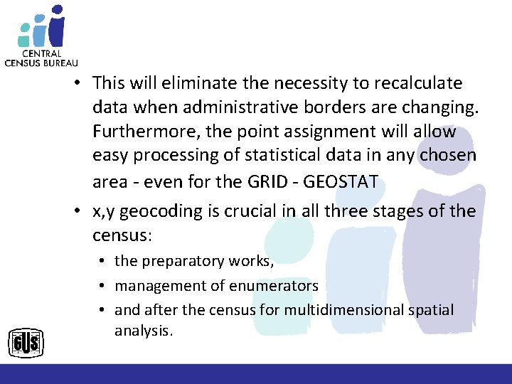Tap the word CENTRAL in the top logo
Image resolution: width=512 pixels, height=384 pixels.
(x=41, y=53)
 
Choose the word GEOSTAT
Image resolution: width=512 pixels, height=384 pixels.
(x=341, y=181)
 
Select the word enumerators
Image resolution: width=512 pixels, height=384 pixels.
(x=274, y=286)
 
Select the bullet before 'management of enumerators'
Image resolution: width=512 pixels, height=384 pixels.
(x=105, y=286)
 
